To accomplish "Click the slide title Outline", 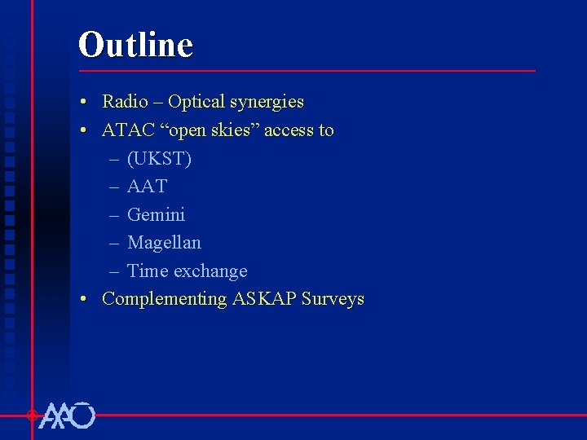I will (x=135, y=45).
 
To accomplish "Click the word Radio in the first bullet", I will (x=125, y=102).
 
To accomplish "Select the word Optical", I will (x=196, y=102).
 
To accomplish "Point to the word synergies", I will (x=267, y=103).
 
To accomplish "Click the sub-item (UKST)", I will (x=159, y=159).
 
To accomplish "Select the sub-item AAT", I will (x=147, y=187).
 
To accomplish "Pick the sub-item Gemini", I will (x=156, y=215).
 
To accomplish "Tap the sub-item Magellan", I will (x=164, y=243).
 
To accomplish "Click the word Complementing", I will (x=165, y=299).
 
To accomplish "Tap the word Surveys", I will (x=333, y=299).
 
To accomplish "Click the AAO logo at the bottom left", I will (x=67, y=416).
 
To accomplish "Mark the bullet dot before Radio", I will (x=85, y=103).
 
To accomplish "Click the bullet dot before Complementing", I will (x=85, y=299).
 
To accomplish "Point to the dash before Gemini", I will (x=113, y=215).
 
